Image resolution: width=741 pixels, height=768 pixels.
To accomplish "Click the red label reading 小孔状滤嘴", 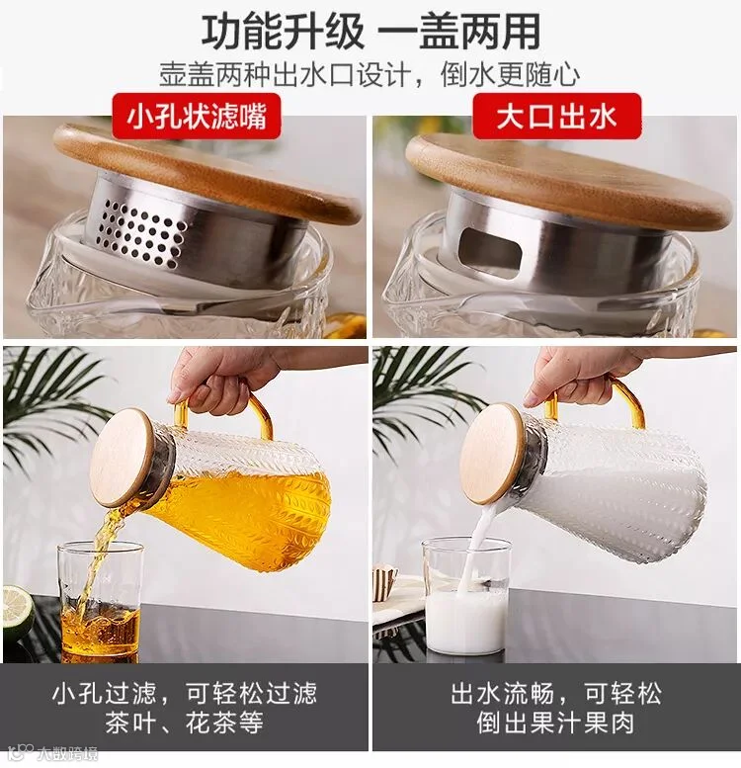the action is (197, 117).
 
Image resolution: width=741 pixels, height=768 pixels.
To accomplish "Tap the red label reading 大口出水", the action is (556, 117).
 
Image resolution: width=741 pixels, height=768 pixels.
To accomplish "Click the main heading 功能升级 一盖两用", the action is (370, 31).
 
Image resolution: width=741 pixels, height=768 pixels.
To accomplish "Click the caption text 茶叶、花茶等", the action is (184, 722).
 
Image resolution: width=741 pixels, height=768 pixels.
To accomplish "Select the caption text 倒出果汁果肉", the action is (555, 722).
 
